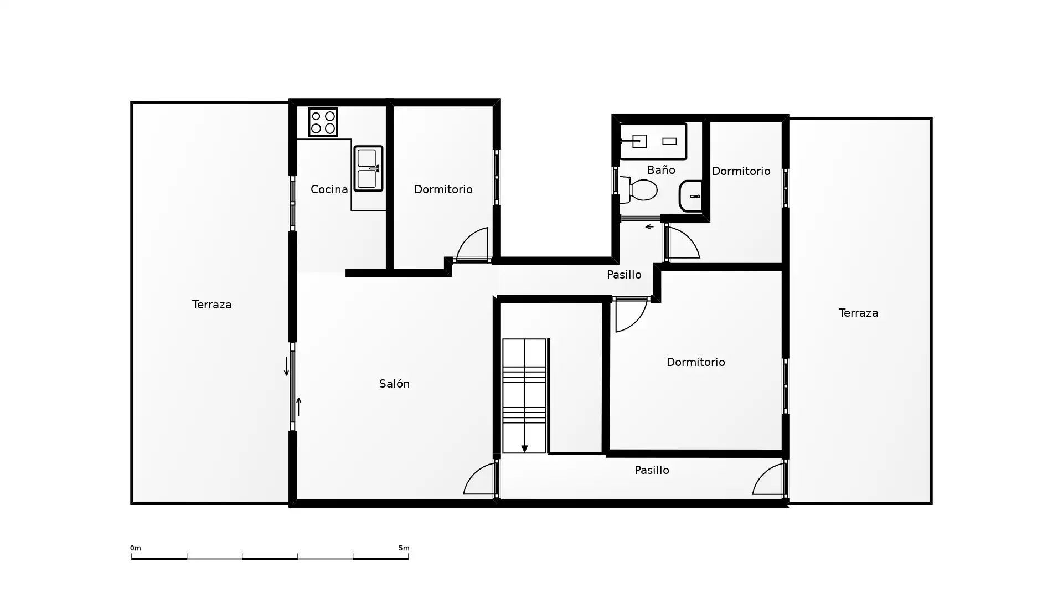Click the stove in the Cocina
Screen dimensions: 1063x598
point(323,122)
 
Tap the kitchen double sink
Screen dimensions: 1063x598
point(368,168)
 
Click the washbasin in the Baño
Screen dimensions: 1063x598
point(690,196)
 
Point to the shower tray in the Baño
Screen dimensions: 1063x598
point(653,141)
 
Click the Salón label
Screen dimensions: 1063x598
point(394,384)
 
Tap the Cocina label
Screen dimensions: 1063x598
point(329,189)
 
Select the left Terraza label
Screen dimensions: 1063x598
point(211,305)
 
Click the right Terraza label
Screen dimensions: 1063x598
point(858,313)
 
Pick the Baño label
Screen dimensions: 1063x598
point(661,170)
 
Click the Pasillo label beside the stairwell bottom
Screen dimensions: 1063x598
point(652,470)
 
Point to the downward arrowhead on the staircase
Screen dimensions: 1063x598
point(524,449)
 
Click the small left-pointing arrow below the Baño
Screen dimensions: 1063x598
point(649,226)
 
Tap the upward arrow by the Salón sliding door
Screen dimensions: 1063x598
point(298,407)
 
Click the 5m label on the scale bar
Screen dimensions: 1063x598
point(404,548)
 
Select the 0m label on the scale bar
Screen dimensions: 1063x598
point(136,548)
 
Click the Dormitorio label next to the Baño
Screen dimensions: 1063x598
point(741,171)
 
